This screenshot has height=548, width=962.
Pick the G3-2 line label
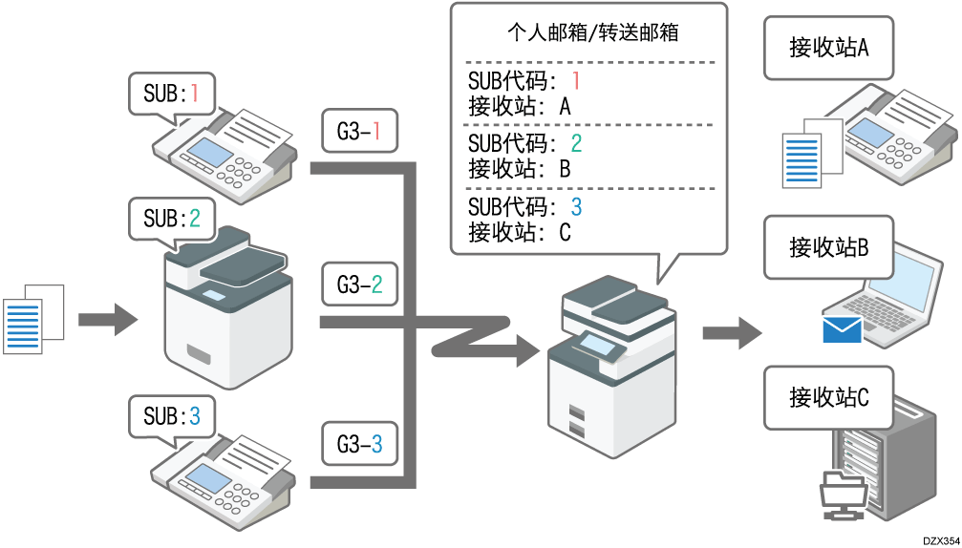tap(359, 284)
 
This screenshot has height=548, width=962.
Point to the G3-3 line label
tap(359, 443)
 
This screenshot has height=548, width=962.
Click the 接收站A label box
tap(828, 48)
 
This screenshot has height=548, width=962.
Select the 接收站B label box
tap(828, 247)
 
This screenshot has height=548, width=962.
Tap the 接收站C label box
tap(828, 397)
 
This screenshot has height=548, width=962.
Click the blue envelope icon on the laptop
tap(842, 330)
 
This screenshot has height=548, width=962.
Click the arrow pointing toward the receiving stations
tap(732, 333)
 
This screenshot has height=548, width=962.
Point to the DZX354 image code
tap(940, 539)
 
